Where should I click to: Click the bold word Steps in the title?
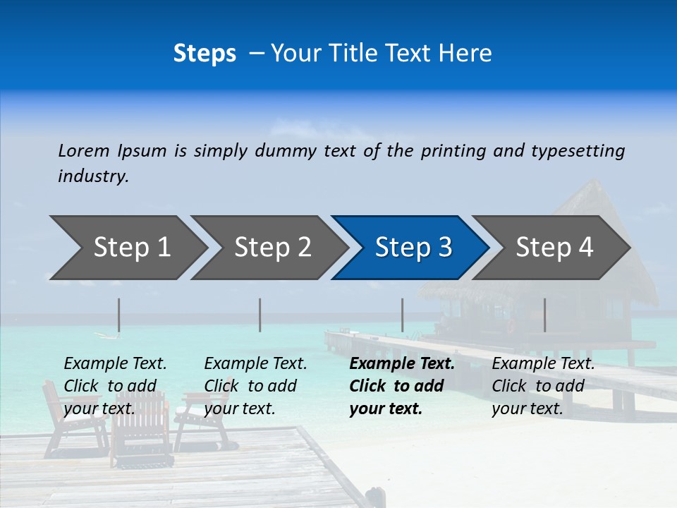tap(205, 53)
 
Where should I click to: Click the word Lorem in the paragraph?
tap(84, 150)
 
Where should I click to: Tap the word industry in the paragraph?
tap(93, 176)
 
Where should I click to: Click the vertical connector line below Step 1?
tap(119, 315)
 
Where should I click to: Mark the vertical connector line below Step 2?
tap(260, 315)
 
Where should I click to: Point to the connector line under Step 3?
tap(403, 315)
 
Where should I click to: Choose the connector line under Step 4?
tap(544, 315)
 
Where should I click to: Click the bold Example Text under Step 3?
tap(402, 364)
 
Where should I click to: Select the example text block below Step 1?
tap(115, 386)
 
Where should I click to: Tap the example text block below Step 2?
tap(255, 386)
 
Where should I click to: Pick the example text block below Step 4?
tap(543, 386)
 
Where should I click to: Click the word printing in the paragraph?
tap(450, 150)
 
